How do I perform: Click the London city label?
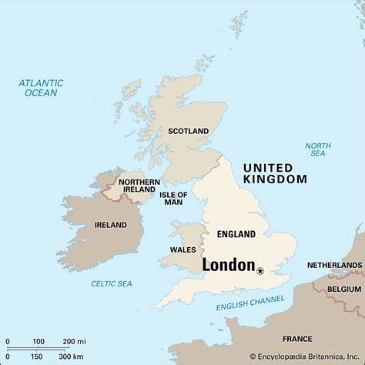click(229, 266)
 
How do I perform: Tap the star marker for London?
click(260, 270)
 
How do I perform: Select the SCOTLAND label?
click(189, 132)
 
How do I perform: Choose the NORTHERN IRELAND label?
click(139, 186)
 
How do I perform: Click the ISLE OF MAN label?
click(173, 199)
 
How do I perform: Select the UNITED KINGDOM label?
click(274, 173)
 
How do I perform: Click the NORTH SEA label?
click(317, 150)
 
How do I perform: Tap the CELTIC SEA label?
click(112, 284)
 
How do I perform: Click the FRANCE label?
click(297, 339)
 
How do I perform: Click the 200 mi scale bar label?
click(74, 341)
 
